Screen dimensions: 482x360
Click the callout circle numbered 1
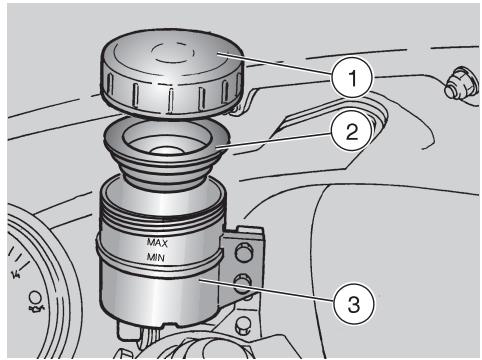352,78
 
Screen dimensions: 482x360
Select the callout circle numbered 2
352,131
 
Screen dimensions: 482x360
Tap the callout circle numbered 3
353,304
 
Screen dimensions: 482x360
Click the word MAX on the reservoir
157,242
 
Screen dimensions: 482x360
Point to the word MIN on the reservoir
156,257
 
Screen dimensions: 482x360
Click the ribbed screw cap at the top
172,73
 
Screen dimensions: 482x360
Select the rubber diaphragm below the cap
167,153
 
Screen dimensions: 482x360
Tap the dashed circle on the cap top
173,52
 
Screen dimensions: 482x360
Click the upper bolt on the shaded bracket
244,252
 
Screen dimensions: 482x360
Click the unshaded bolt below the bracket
243,326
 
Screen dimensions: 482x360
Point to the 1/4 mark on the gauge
16,274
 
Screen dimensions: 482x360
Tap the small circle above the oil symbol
34,296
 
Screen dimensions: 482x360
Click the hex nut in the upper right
460,85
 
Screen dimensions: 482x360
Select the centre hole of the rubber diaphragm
167,150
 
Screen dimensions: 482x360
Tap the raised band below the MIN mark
159,263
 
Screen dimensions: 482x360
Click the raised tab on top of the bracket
249,231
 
